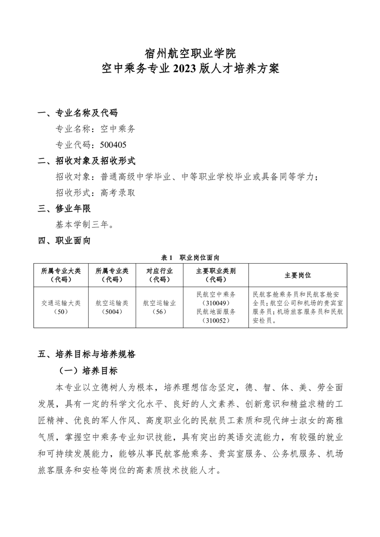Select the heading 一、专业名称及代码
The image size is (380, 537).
pos(78,113)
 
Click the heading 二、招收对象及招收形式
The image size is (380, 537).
pos(87,161)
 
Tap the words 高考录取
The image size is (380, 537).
pos(117,192)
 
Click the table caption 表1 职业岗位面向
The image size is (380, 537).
pos(190,257)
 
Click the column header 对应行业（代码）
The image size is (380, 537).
pos(160,275)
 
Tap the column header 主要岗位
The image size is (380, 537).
pos(298,275)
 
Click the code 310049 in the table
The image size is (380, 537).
pos(216,303)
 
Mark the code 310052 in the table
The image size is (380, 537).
pos(216,321)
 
